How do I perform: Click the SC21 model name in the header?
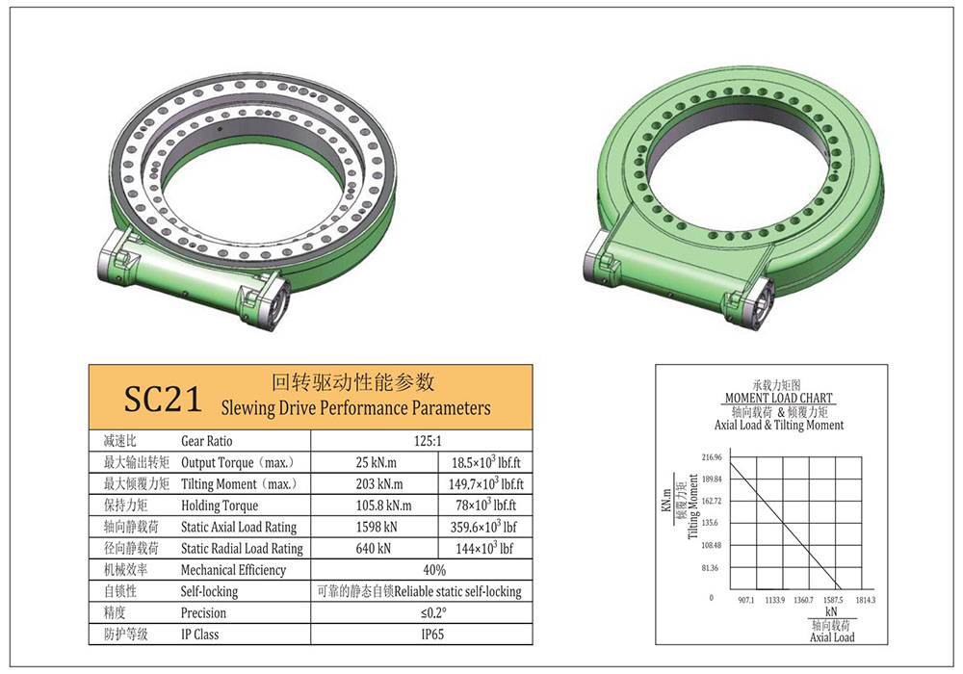163,399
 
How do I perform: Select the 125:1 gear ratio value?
428,441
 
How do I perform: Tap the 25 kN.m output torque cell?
376,462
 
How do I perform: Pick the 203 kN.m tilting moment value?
378,483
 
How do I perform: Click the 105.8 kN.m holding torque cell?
383,505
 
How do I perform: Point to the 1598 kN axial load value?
376,527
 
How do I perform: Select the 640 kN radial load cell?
373,548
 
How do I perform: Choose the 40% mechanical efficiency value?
434,570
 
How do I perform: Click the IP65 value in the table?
432,635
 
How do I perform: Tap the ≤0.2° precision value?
433,612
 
